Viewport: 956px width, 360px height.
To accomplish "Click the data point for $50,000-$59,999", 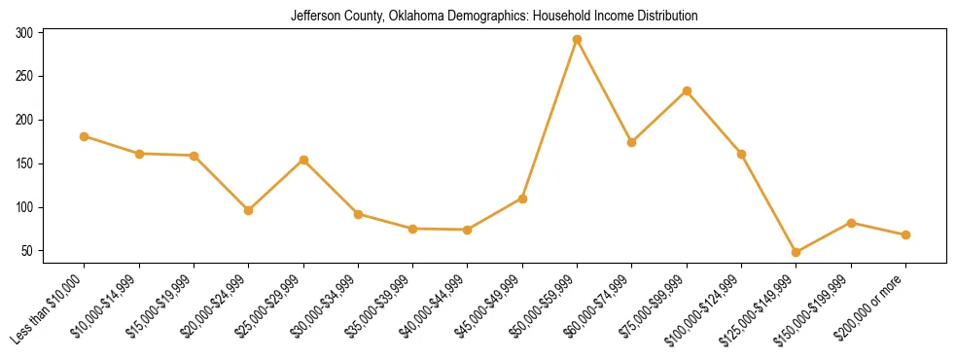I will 578,40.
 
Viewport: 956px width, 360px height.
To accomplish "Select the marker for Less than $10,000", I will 85,136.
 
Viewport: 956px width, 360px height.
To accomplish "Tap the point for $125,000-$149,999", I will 797,252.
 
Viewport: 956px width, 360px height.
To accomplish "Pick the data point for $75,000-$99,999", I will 687,91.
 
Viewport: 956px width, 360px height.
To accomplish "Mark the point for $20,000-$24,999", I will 249,210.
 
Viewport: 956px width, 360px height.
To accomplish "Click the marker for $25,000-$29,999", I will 303,160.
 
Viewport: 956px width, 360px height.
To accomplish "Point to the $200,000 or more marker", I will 905,234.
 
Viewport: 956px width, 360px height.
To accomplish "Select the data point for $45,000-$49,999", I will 522,198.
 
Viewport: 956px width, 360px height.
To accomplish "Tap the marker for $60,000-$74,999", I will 632,142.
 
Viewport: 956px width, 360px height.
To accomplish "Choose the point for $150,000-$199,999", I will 851,223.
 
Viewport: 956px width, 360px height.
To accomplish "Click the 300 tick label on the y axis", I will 24,33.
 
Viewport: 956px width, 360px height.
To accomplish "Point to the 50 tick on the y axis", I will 28,251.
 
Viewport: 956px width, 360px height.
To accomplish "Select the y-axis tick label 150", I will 24,163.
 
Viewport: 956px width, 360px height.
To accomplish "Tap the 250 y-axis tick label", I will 24,76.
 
